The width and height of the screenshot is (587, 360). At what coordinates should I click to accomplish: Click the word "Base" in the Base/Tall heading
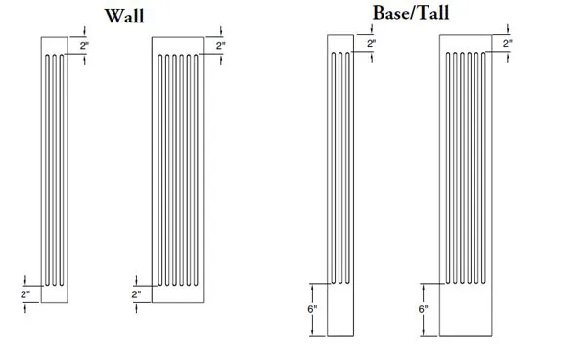point(392,14)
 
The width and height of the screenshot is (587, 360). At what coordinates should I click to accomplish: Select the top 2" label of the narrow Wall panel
point(84,46)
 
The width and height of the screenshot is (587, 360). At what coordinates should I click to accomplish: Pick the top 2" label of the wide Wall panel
point(221,46)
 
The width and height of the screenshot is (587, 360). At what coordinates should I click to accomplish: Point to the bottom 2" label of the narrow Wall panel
point(25,293)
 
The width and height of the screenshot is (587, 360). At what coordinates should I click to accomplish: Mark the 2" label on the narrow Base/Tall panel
point(371,45)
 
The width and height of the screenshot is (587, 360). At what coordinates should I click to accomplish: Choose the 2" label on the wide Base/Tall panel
point(508,45)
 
